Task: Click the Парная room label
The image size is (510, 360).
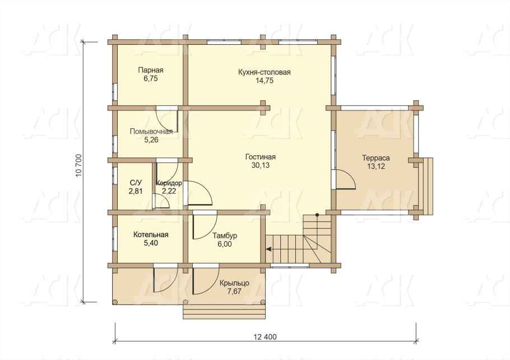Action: pyautogui.click(x=151, y=70)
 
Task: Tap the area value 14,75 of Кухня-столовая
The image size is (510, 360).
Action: pyautogui.click(x=265, y=80)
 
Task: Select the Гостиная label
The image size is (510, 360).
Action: pyautogui.click(x=261, y=157)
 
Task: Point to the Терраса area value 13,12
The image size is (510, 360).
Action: pyautogui.click(x=376, y=167)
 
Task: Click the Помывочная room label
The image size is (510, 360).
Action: pyautogui.click(x=151, y=132)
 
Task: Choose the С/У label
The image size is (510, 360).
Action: pyautogui.click(x=136, y=183)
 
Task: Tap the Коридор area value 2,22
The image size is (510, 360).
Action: pyautogui.click(x=169, y=191)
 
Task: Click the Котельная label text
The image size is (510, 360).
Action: pyautogui.click(x=151, y=235)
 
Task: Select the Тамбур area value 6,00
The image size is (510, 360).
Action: pyautogui.click(x=225, y=244)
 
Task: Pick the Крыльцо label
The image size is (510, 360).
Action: pyautogui.click(x=234, y=283)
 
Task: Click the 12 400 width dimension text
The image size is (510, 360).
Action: pyautogui.click(x=265, y=337)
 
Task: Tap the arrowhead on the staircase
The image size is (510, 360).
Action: pyautogui.click(x=268, y=250)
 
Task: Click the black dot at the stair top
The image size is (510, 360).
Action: pyautogui.click(x=317, y=215)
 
